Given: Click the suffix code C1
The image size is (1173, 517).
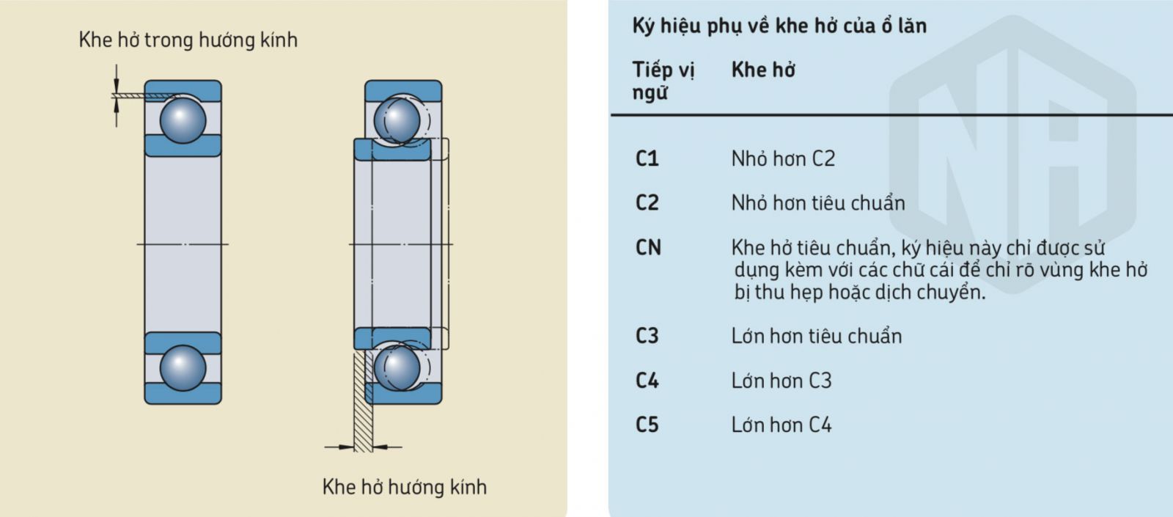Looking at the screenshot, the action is click(647, 158).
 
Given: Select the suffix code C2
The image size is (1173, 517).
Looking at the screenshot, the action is click(647, 202).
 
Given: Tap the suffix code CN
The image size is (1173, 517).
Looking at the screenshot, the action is click(648, 247).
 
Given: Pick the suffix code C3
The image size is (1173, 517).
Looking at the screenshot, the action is click(647, 336).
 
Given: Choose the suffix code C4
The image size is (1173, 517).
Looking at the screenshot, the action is click(647, 381).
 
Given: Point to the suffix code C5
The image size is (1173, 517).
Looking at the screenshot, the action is click(647, 425).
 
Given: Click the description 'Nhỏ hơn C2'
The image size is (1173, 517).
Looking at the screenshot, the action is click(784, 158).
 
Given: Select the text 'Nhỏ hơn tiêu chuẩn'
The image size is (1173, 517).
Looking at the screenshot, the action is click(818, 202).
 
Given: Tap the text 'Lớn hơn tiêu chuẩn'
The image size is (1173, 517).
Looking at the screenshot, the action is click(817, 336).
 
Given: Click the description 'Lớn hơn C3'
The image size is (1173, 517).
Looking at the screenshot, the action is click(782, 381).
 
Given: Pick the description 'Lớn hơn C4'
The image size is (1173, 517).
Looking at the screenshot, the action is click(782, 425).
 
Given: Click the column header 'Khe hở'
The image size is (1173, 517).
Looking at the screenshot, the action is click(763, 70).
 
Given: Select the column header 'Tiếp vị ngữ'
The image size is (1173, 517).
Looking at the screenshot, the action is click(663, 81).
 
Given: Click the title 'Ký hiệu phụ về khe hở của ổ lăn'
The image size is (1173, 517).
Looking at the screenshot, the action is click(780, 26).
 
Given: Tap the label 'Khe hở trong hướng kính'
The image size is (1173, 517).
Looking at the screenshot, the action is click(188, 40).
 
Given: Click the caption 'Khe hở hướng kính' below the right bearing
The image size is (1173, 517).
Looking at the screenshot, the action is click(404, 487).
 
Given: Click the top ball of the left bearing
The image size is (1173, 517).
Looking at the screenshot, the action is click(183, 120).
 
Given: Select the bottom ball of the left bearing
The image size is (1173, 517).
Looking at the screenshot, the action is click(183, 368).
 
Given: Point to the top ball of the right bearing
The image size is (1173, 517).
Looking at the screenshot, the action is click(397, 120).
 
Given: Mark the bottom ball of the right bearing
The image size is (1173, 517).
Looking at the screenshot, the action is click(397, 367).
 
